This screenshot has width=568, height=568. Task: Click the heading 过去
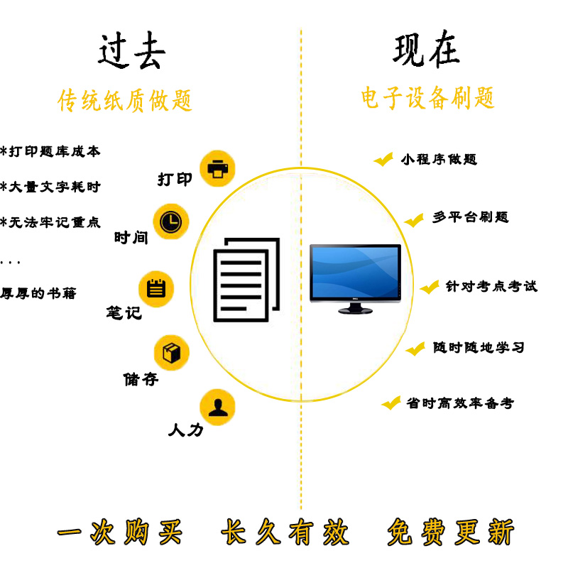[132, 52]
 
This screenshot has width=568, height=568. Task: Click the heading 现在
[426, 50]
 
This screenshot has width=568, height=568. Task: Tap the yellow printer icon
[217, 169]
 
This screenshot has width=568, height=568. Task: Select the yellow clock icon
[170, 222]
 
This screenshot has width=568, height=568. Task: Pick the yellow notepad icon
[155, 288]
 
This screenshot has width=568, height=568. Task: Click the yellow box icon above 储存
[172, 352]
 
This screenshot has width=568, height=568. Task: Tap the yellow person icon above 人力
[217, 407]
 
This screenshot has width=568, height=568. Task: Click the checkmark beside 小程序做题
[383, 160]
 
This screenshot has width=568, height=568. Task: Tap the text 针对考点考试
[491, 286]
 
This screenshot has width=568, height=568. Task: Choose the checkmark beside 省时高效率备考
[390, 403]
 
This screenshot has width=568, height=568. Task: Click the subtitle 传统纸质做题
[125, 101]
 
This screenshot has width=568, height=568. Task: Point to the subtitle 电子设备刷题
[427, 99]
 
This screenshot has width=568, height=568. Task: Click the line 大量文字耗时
[51, 187]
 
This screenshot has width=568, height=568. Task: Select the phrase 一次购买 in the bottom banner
[119, 532]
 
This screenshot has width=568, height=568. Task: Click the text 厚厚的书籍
[38, 293]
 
